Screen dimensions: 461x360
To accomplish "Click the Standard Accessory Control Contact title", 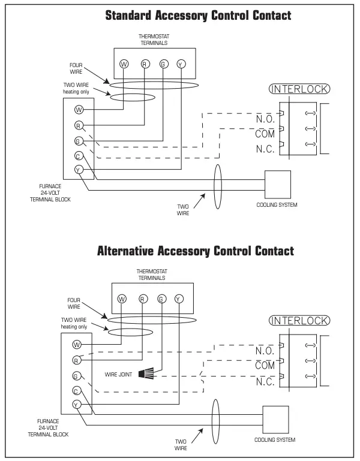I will (198, 16).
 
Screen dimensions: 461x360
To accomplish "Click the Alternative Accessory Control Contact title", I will (196, 251).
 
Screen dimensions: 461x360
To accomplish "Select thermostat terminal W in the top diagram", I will (124, 64).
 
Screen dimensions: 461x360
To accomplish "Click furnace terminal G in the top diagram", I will (79, 141).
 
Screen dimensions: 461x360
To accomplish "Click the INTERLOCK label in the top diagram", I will (300, 89).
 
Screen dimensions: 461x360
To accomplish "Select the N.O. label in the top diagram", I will (265, 119).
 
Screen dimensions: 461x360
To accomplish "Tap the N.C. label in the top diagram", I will (265, 149).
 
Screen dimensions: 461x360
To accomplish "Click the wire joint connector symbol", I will (146, 373).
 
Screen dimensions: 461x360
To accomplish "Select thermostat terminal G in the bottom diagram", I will (161, 299).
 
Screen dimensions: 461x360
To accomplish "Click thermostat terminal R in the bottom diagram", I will (142, 299).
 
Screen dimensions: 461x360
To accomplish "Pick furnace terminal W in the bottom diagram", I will (77, 345).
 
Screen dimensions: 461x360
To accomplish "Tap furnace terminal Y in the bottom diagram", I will (77, 405).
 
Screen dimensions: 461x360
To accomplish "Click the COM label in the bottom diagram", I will (265, 365).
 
